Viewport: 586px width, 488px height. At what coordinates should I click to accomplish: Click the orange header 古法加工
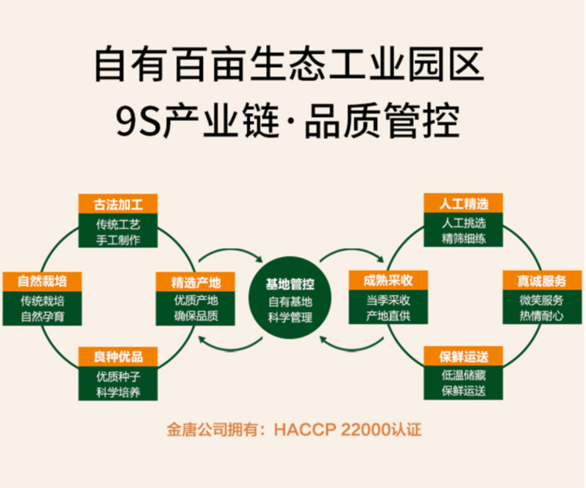pos(117,205)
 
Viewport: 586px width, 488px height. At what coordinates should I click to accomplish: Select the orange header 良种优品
pos(117,357)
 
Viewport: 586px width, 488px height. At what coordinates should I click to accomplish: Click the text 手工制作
pos(117,239)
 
